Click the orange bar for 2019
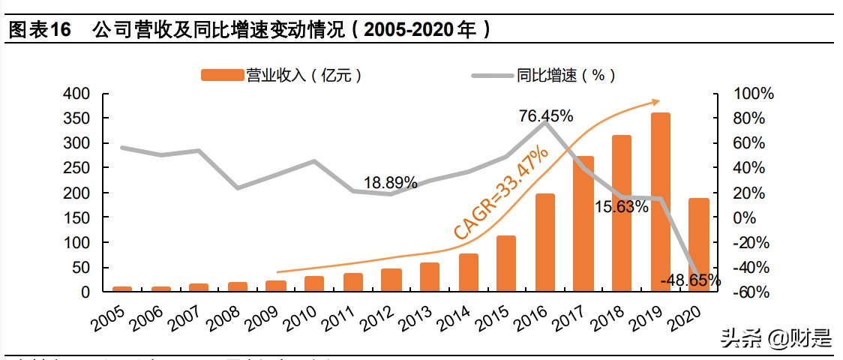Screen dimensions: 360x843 point(660,202)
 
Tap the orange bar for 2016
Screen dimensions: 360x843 point(544,243)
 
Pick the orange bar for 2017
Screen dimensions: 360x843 point(583,224)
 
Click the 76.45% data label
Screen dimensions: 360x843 point(546,116)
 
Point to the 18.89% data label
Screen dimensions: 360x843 point(391,182)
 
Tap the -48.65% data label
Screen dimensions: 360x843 point(691,280)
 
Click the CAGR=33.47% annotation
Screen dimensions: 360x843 point(501,193)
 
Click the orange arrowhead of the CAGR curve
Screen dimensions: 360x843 point(655,102)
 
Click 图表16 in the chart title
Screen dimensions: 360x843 point(39,30)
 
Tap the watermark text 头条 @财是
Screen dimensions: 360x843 point(776,339)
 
